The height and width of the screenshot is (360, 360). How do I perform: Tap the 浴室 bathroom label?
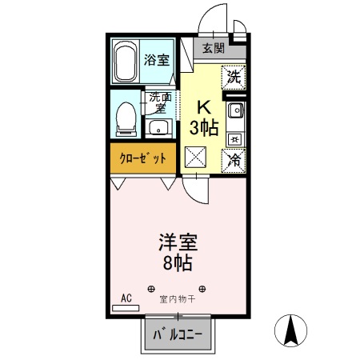pyautogui.click(x=157, y=61)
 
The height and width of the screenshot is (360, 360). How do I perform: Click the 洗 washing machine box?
pyautogui.click(x=234, y=78)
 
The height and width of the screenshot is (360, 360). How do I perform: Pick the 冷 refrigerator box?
pyautogui.click(x=234, y=159)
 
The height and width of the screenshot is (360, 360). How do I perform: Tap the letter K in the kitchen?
pyautogui.click(x=203, y=106)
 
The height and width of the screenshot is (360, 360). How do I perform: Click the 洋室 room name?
pyautogui.click(x=178, y=241)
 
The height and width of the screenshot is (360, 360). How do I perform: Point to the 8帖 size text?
pyautogui.click(x=178, y=262)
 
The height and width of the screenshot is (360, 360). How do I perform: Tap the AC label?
pyautogui.click(x=126, y=298)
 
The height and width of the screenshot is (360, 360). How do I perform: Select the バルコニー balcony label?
pyautogui.click(x=179, y=334)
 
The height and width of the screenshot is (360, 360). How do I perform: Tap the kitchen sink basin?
pyautogui.click(x=235, y=112)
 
